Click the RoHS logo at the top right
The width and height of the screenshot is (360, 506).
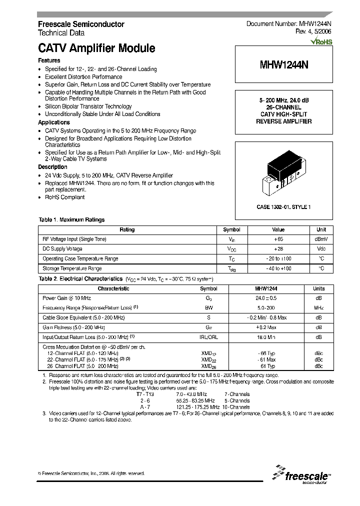coord(321,42)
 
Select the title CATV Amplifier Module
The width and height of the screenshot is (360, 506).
coord(96,48)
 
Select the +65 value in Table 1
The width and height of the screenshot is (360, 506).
coord(278,239)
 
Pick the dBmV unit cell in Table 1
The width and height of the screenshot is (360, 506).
coord(320,239)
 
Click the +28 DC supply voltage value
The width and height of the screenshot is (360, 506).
coord(278,248)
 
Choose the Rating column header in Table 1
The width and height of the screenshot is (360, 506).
coord(127,229)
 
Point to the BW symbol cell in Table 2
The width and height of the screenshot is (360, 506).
coord(208,307)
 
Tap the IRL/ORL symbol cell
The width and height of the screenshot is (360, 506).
coord(208,337)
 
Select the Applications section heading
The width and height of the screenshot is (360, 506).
coord(54,122)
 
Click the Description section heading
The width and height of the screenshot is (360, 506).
coord(52,167)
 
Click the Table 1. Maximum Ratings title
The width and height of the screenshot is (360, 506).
coord(71,220)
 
